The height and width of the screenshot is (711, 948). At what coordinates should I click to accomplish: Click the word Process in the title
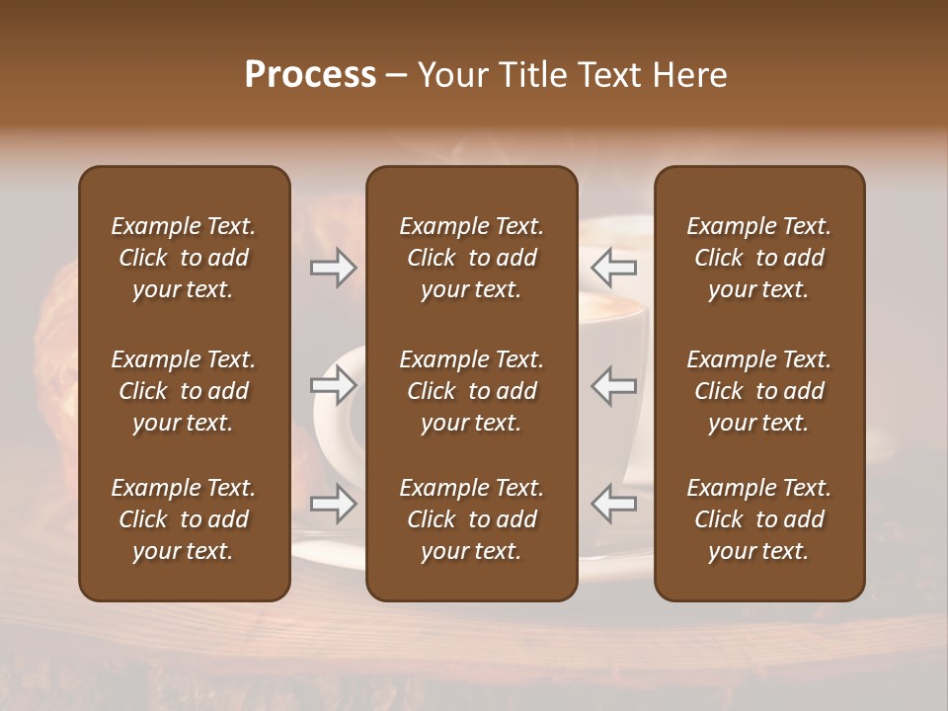pyautogui.click(x=310, y=75)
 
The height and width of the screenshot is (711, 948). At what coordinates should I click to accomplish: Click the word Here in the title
pyautogui.click(x=689, y=75)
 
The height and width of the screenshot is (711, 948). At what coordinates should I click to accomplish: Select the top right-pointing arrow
pyautogui.click(x=334, y=268)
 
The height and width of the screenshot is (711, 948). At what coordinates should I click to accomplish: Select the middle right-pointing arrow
pyautogui.click(x=334, y=385)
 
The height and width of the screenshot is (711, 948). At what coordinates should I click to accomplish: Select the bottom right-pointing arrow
pyautogui.click(x=334, y=504)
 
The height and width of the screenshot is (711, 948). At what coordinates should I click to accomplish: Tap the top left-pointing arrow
pyautogui.click(x=613, y=268)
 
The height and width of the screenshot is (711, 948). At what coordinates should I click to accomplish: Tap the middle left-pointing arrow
pyautogui.click(x=613, y=385)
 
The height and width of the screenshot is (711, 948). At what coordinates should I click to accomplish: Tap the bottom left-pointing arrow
pyautogui.click(x=613, y=504)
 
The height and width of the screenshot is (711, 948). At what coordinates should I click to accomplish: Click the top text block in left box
pyautogui.click(x=184, y=258)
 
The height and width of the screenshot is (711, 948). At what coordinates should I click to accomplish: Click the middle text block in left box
pyautogui.click(x=184, y=391)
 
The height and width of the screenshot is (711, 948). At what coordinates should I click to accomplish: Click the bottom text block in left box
pyautogui.click(x=184, y=519)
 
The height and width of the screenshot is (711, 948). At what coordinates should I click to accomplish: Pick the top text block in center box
pyautogui.click(x=472, y=258)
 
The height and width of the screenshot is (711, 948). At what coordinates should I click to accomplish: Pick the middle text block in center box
pyautogui.click(x=472, y=391)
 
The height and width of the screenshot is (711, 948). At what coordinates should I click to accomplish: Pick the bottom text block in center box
pyautogui.click(x=472, y=519)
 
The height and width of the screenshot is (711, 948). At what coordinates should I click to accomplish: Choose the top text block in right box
pyautogui.click(x=759, y=258)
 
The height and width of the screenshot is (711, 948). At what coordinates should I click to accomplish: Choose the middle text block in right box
pyautogui.click(x=759, y=391)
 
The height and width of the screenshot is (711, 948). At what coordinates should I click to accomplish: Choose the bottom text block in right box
pyautogui.click(x=759, y=519)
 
